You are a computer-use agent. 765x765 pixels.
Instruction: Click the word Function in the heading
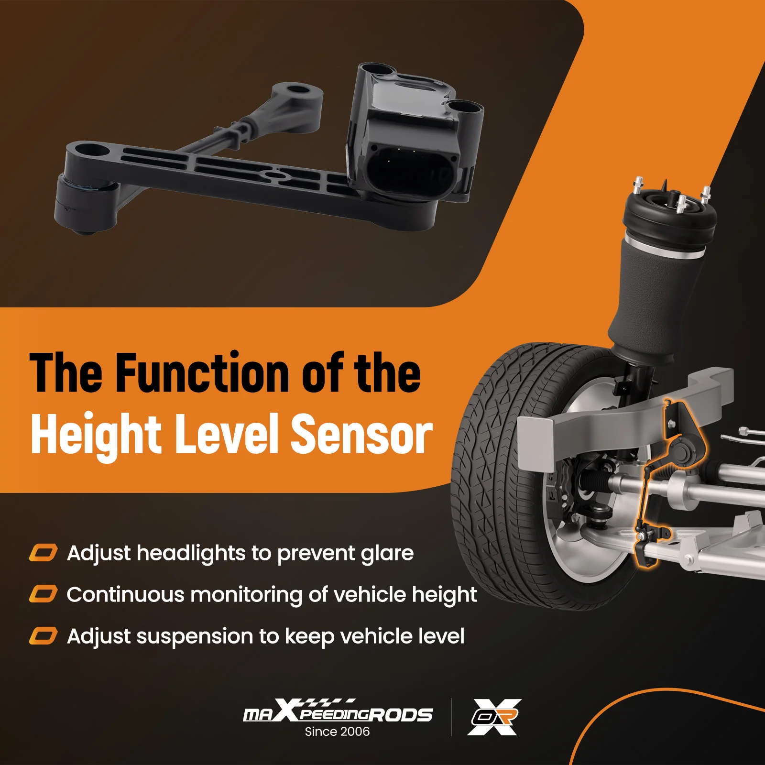tap(203, 372)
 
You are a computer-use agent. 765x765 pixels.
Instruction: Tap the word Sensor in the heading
tap(361, 434)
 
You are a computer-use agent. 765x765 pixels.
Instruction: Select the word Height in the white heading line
tap(96, 434)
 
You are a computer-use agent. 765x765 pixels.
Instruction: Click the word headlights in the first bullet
tap(191, 553)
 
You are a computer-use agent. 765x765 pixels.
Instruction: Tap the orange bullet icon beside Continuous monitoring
tap(44, 594)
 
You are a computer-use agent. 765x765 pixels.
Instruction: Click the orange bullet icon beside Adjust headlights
tap(44, 553)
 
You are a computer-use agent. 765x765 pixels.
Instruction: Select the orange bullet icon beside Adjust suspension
tap(44, 636)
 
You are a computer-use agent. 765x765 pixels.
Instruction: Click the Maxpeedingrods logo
tap(338, 712)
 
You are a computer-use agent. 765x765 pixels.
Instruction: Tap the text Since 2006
tap(337, 732)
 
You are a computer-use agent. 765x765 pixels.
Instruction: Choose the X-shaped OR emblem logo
tap(494, 717)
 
